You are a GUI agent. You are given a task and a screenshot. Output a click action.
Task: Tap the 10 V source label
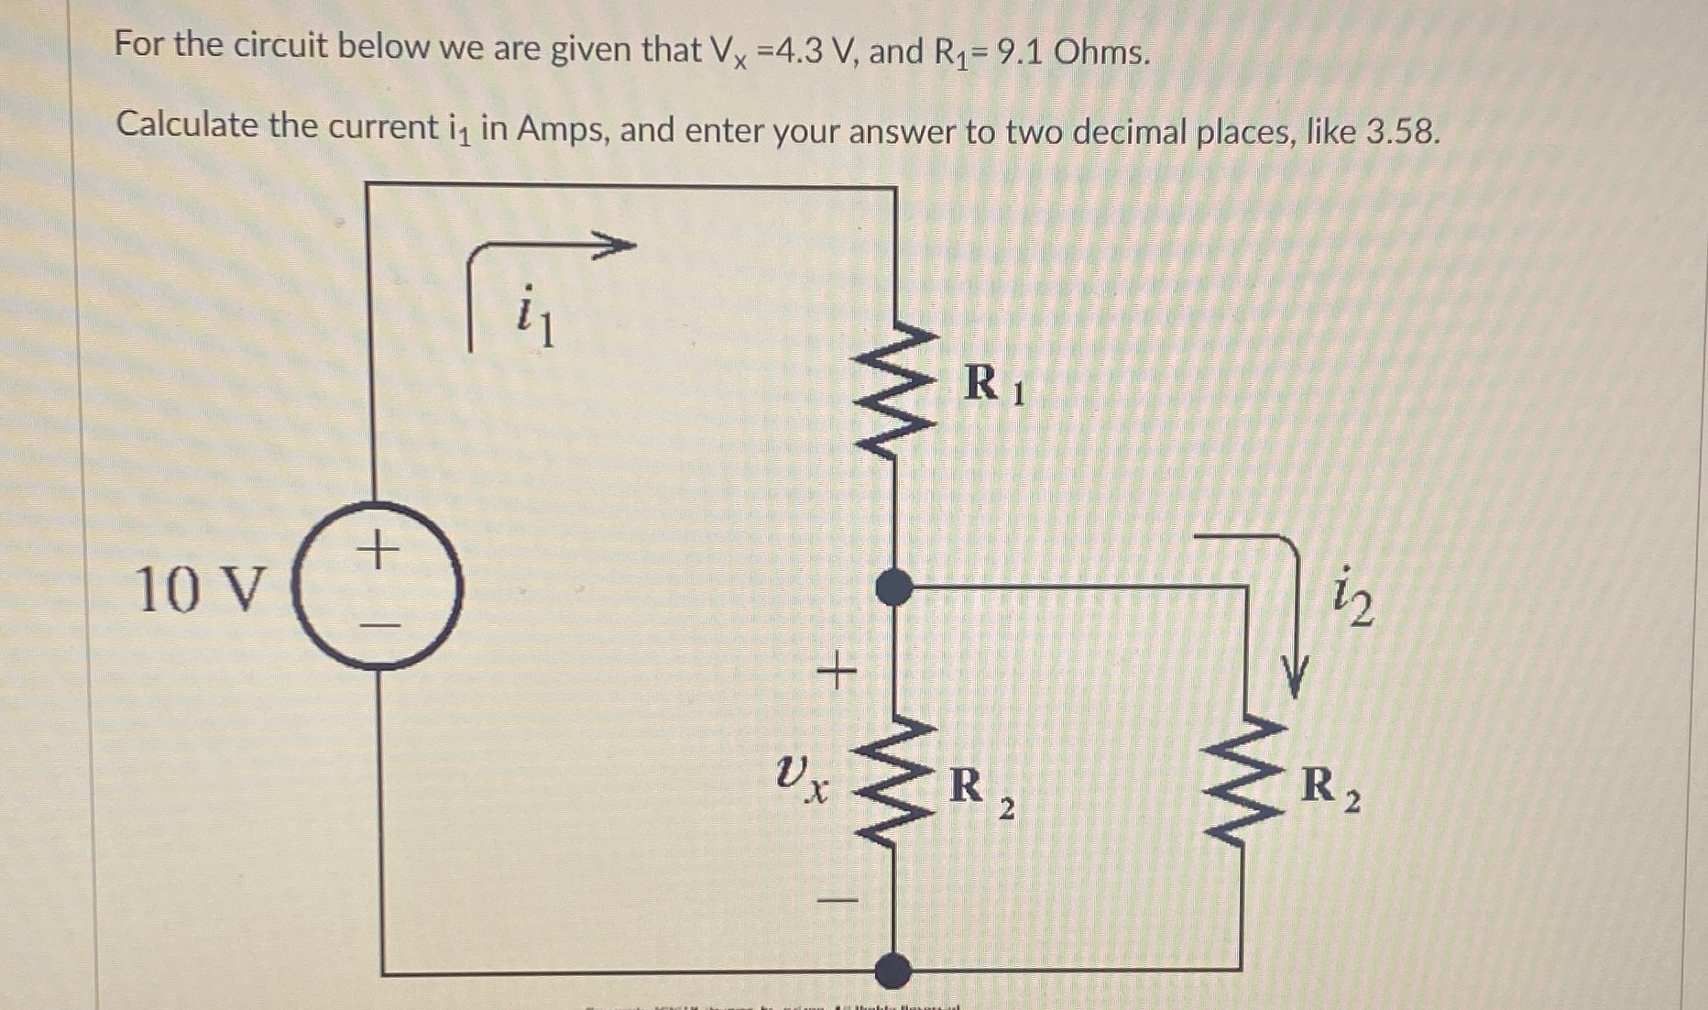tap(201, 588)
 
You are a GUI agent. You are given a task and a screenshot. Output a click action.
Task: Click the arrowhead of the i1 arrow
tap(616, 246)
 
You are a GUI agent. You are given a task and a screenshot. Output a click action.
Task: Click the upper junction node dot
tap(894, 587)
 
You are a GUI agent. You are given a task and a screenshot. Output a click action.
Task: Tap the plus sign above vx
tap(836, 673)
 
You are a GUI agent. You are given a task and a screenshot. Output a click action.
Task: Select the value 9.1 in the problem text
tap(1019, 52)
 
